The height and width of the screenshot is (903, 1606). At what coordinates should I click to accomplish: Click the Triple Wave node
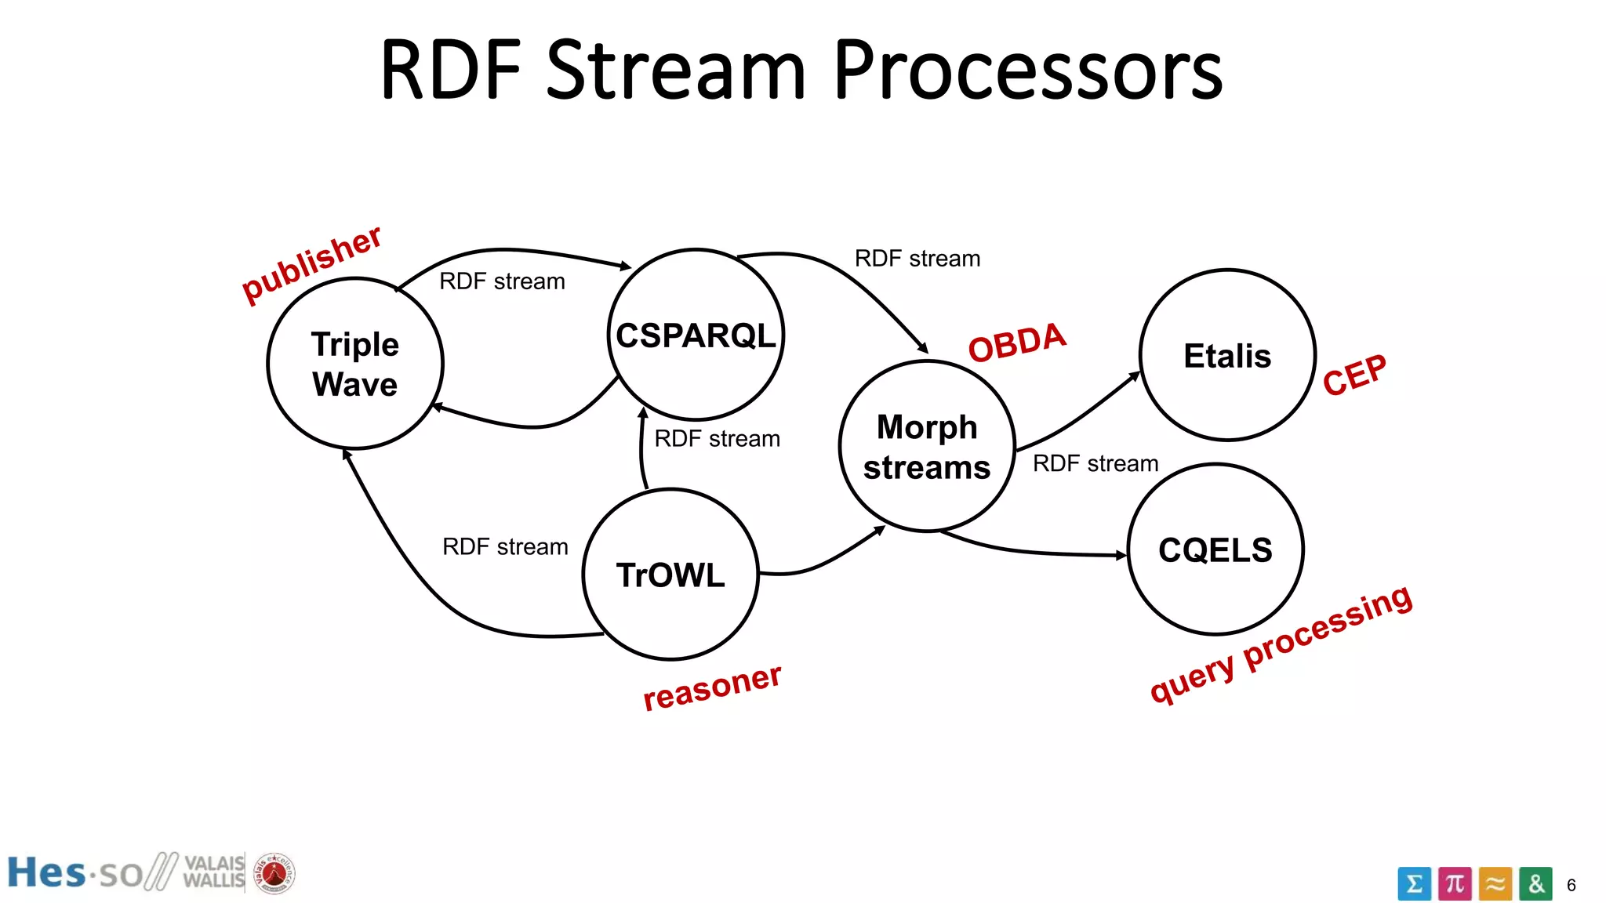355,364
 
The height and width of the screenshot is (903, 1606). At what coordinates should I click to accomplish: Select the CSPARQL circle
696,335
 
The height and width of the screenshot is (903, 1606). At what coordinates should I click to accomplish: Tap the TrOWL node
670,575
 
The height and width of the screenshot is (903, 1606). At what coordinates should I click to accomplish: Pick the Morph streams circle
927,447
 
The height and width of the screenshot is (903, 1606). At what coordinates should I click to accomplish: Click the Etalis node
1227,356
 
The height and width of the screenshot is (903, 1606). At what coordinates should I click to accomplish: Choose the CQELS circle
1215,549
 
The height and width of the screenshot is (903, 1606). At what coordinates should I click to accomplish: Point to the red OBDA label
1017,343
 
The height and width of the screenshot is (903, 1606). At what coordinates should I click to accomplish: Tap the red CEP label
1354,375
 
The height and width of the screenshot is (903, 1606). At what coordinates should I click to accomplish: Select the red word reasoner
712,687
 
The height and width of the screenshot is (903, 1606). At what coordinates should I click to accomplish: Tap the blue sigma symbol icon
1414,884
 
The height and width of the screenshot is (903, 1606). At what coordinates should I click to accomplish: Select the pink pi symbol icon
1455,884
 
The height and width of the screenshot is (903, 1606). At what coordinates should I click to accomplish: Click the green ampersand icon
1535,884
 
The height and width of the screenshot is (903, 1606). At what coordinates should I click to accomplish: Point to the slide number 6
1571,885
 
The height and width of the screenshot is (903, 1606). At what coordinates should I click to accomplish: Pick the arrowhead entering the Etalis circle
1135,377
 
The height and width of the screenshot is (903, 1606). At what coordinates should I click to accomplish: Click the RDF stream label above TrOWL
717,438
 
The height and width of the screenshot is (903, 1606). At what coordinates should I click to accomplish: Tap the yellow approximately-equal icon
1495,884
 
